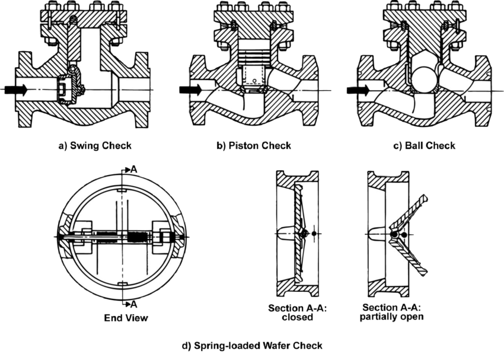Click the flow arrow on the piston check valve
[190, 89]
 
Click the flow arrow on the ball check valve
[358, 90]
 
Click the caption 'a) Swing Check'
[95, 146]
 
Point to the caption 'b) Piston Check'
[254, 146]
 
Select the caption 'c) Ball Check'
[425, 146]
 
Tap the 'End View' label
[126, 318]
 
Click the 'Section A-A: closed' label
[297, 313]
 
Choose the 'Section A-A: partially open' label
[391, 312]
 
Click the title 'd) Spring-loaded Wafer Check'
[252, 346]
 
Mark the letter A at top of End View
[134, 170]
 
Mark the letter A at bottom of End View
[134, 304]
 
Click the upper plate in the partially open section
[410, 213]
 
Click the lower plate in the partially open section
[410, 256]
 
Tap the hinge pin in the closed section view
[302, 234]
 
